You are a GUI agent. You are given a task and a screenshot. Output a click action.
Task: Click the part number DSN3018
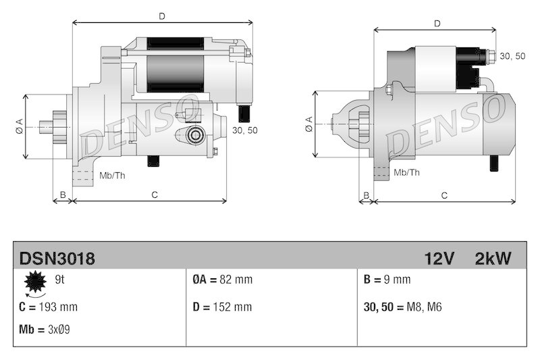point(57,258)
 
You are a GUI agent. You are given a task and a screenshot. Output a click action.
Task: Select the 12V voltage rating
point(439,258)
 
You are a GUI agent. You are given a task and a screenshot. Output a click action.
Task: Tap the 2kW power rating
point(493,258)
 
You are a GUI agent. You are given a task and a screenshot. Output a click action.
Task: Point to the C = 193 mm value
point(49,307)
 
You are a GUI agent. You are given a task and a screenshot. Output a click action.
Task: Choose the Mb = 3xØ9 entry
point(45,330)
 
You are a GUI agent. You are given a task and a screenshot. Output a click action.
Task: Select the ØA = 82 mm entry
point(222,280)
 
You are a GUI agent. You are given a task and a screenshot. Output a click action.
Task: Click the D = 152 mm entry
point(222,307)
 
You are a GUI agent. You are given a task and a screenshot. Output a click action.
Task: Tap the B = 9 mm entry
point(387,280)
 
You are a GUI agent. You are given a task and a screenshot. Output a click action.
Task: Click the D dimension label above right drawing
point(437,23)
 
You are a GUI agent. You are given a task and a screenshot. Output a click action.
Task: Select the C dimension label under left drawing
point(154,195)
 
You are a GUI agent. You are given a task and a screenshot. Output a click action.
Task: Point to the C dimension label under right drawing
point(444,195)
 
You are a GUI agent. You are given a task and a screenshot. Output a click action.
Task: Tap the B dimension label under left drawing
point(63,195)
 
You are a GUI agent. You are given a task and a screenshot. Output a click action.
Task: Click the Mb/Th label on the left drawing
point(112,176)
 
